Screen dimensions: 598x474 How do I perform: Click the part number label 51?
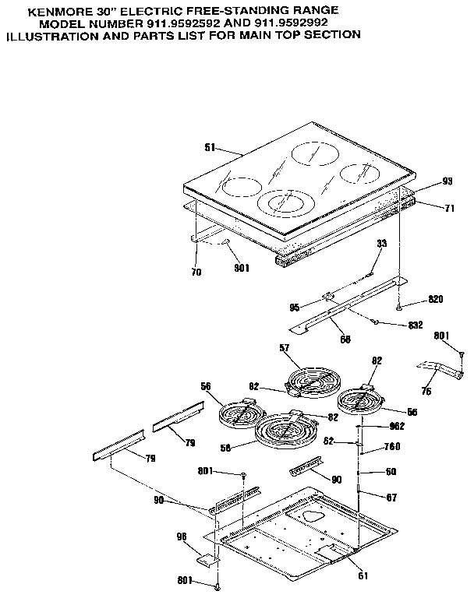(x=208, y=148)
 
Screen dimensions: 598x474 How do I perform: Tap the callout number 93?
(x=447, y=181)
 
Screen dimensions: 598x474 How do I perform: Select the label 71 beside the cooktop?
(x=448, y=209)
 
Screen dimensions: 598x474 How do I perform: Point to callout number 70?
(x=196, y=272)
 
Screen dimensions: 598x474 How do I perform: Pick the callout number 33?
(x=381, y=244)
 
